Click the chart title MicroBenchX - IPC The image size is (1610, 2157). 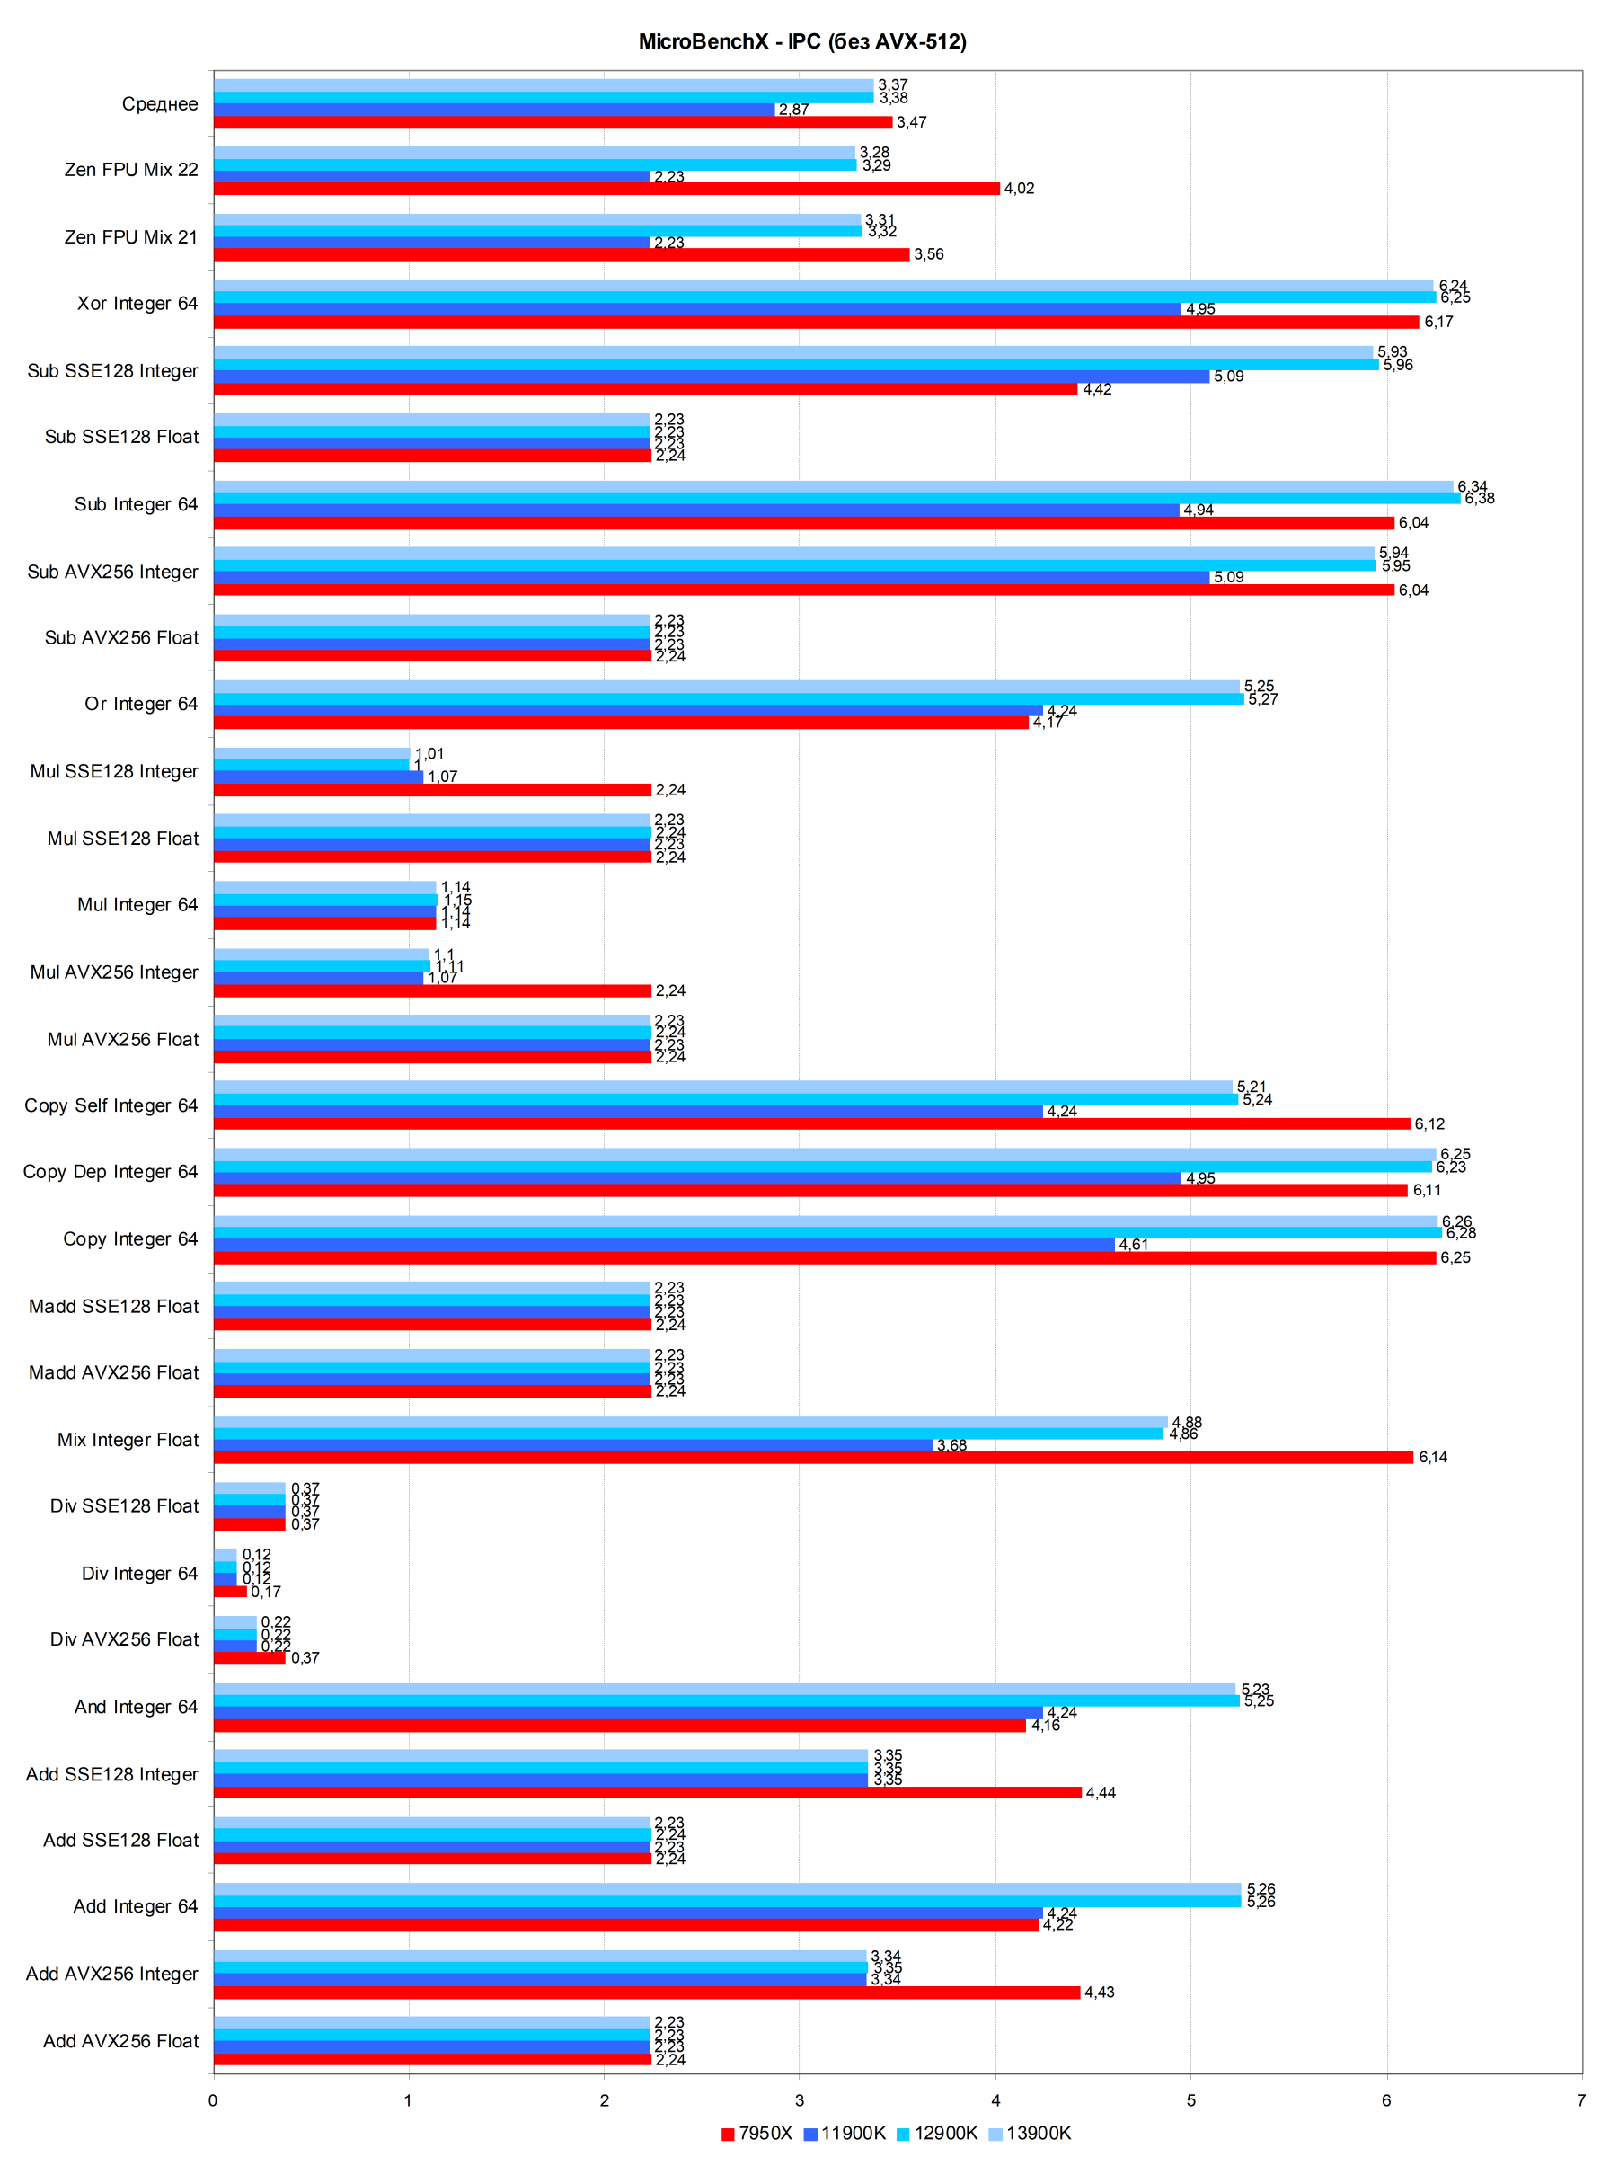802,42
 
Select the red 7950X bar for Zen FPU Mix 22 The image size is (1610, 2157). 606,189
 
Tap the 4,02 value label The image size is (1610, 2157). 1019,189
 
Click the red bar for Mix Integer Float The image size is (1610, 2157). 813,1457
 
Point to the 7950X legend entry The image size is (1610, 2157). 756,2133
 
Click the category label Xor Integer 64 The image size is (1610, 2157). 137,304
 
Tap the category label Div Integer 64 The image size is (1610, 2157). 139,1573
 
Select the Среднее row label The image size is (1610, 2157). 160,104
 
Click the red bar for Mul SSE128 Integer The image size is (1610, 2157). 432,789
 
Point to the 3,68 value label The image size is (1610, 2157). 951,1444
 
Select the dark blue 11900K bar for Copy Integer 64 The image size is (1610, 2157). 664,1245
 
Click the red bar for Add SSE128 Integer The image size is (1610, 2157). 647,1792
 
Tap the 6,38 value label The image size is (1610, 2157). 1479,499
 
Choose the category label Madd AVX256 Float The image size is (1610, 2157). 113,1372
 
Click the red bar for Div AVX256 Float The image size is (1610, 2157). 250,1658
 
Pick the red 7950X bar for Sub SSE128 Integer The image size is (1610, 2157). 645,389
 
